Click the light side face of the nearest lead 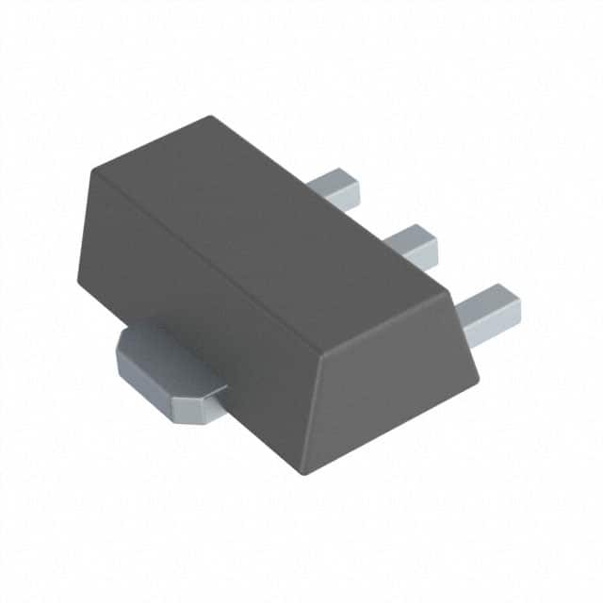(x=492, y=326)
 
